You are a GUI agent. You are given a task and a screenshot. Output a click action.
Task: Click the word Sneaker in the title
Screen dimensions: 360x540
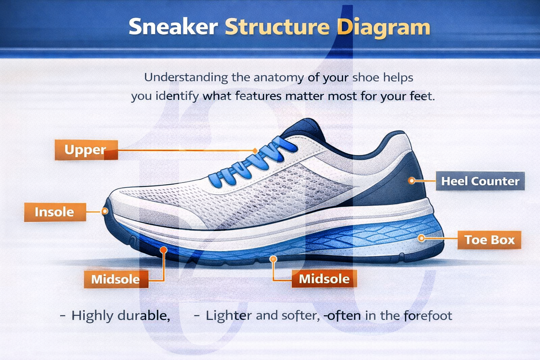(173, 27)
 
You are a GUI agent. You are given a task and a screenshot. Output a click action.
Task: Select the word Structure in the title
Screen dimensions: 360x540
(277, 27)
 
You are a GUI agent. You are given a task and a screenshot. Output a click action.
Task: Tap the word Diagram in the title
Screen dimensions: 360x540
(383, 28)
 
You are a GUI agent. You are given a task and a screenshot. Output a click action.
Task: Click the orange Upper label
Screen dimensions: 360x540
(86, 150)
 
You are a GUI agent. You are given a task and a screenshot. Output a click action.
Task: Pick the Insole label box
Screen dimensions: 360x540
(55, 212)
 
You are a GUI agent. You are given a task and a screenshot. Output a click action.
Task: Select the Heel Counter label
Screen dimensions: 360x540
(480, 181)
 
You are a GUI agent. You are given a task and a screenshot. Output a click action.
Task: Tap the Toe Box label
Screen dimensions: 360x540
(489, 240)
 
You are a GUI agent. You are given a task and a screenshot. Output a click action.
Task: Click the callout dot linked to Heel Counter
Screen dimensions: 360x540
(411, 181)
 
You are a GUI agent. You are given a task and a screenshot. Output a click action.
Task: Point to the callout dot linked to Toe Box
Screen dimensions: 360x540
(422, 238)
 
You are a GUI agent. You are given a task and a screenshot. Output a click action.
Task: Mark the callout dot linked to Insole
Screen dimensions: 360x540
(104, 211)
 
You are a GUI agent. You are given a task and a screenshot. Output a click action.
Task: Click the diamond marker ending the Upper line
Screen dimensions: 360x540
(255, 151)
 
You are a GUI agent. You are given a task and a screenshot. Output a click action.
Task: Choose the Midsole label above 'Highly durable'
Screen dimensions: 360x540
(116, 279)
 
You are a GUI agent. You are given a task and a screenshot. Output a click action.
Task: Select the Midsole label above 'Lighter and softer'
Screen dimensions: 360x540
(324, 279)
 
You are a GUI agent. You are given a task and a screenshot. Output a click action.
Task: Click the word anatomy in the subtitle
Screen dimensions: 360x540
(278, 77)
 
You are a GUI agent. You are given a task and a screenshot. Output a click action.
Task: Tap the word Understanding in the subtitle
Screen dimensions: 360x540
(186, 77)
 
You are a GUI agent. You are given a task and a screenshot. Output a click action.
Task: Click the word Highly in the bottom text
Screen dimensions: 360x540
(92, 315)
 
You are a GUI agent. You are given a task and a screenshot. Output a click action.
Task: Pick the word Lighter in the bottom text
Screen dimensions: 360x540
(229, 315)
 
